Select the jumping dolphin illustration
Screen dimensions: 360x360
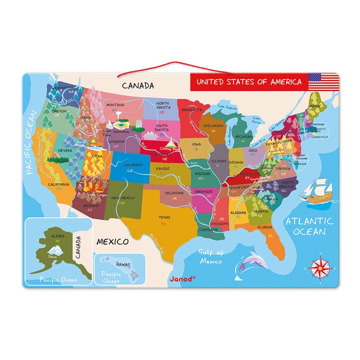pyautogui.click(x=250, y=262)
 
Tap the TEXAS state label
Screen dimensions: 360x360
pyautogui.click(x=164, y=217)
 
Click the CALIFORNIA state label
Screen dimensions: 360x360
pyautogui.click(x=58, y=184)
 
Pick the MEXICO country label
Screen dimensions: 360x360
pyautogui.click(x=112, y=241)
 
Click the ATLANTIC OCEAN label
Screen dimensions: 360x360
pyautogui.click(x=309, y=226)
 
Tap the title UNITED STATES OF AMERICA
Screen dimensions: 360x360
pyautogui.click(x=248, y=82)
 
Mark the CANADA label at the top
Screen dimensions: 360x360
pyautogui.click(x=137, y=85)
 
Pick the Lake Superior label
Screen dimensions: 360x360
pyautogui.click(x=228, y=106)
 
